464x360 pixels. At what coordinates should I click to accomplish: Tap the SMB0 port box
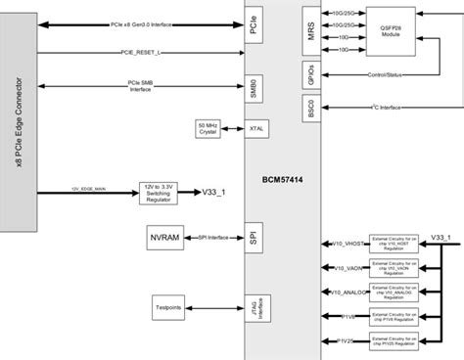coord(253,89)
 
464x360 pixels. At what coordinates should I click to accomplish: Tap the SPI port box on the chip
coord(253,239)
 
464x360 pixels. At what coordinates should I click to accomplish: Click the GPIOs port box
coord(309,73)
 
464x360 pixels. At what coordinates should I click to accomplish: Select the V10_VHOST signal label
coord(348,245)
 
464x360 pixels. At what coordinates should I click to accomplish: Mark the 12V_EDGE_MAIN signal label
coord(87,188)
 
